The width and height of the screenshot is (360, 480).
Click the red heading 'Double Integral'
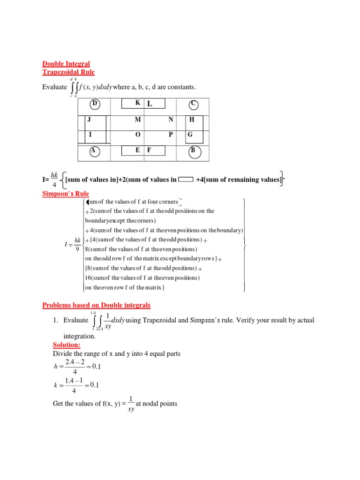coord(66,64)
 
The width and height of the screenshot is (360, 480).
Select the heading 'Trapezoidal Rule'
coord(68,72)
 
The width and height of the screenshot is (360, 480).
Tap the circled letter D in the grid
coord(95,104)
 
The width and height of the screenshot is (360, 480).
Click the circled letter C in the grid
coord(193,104)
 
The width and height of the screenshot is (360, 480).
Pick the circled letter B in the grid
coord(193,151)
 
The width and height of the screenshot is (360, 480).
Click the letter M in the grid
coord(138,120)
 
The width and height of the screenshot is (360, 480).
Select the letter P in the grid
coord(171,135)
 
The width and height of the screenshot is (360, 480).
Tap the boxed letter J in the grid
coord(89,120)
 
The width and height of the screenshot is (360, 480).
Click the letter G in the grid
coord(190,135)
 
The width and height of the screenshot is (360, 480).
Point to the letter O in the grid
coord(138,135)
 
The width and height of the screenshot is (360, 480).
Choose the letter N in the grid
coord(171,120)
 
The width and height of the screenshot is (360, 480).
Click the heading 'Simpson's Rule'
coord(66,194)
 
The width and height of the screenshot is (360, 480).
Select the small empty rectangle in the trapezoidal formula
coord(186,179)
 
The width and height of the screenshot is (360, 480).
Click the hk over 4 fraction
coord(54,179)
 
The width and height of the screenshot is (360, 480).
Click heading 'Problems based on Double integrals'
coord(97,305)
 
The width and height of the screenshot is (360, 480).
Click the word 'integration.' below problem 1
coord(79,337)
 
